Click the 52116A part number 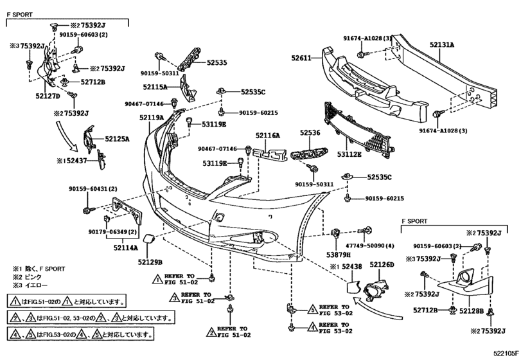click(x=267, y=136)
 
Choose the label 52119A click(x=151, y=118)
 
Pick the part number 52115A click(x=155, y=86)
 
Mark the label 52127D click(x=47, y=96)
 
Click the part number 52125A click(x=117, y=139)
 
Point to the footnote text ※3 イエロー click(x=30, y=284)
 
